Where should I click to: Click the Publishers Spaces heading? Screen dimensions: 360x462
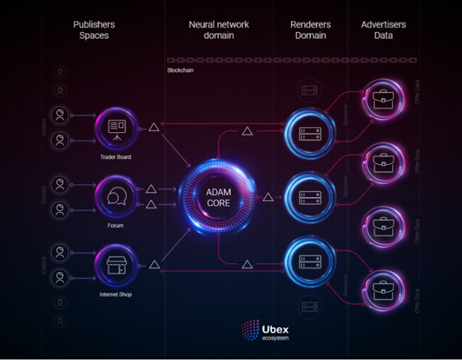[x=94, y=30]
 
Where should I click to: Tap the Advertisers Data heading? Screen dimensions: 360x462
[x=383, y=30]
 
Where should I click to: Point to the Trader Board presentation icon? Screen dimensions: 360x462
[x=115, y=128]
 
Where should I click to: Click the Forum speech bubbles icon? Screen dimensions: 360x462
[x=115, y=196]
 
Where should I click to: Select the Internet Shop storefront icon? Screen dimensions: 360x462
[x=115, y=265]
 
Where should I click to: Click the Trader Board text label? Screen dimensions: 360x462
[x=115, y=156]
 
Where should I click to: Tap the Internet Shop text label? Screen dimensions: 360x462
[x=115, y=294]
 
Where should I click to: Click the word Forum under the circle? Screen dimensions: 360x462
[x=115, y=225]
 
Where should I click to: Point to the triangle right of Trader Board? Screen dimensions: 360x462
[x=153, y=128]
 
